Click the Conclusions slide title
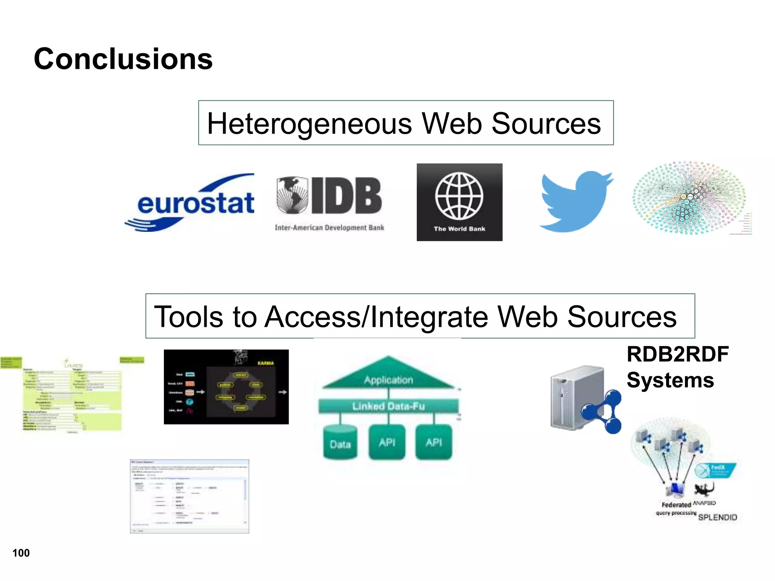pyautogui.click(x=123, y=59)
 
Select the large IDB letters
pyautogui.click(x=346, y=196)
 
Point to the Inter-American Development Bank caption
pyautogui.click(x=329, y=228)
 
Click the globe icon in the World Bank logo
pyautogui.click(x=459, y=196)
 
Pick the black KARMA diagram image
pyautogui.click(x=226, y=387)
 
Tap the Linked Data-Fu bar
pyautogui.click(x=388, y=406)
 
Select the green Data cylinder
pyautogui.click(x=340, y=443)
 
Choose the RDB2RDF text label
pyautogui.click(x=677, y=354)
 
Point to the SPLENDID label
pyautogui.click(x=717, y=517)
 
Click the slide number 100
pyautogui.click(x=21, y=553)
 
